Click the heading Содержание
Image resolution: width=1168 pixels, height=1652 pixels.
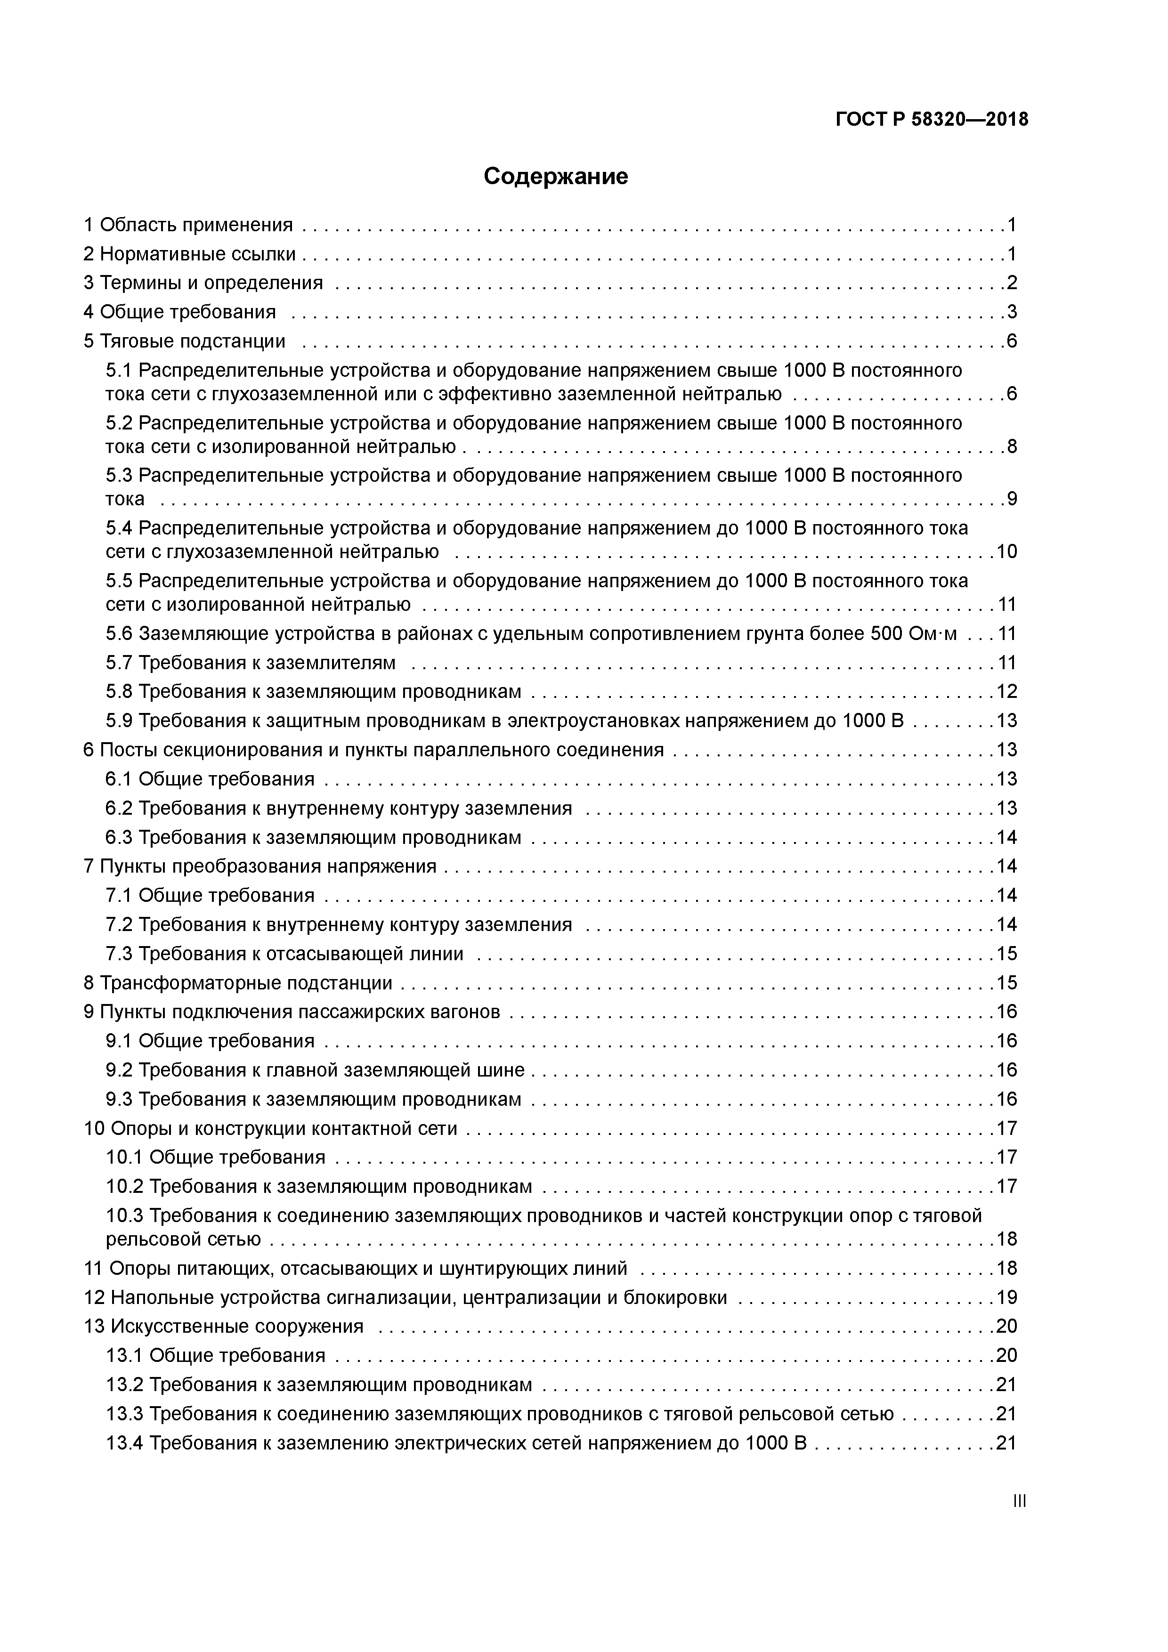point(556,176)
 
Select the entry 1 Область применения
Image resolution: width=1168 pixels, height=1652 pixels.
point(188,225)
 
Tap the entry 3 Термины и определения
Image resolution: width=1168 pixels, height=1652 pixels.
point(203,283)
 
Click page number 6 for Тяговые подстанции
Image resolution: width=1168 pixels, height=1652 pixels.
point(1011,341)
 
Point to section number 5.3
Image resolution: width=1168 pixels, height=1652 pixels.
point(119,476)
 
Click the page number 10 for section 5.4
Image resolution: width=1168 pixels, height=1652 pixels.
point(1006,552)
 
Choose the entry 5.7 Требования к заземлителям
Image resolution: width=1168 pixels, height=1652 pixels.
point(251,663)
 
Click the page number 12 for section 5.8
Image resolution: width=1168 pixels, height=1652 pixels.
point(1006,692)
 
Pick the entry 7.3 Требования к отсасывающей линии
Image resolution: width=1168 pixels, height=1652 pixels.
point(284,954)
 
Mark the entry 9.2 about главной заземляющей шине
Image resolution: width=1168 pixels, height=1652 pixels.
point(315,1070)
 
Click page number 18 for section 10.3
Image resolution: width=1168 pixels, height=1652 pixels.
point(1006,1239)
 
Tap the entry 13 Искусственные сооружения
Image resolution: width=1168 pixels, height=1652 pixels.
point(224,1327)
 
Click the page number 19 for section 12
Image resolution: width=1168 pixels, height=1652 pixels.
point(1006,1298)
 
